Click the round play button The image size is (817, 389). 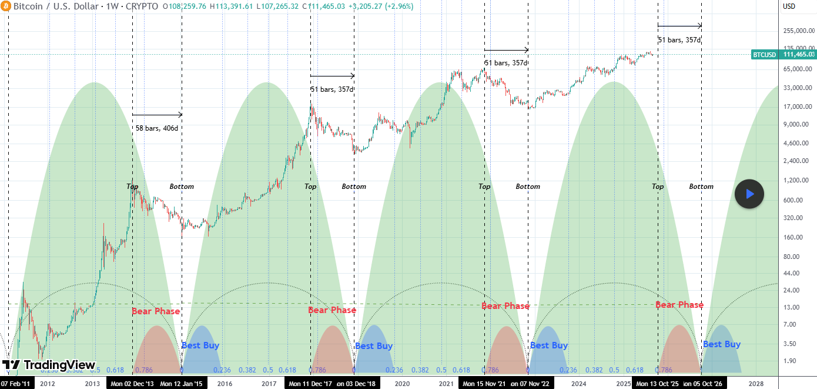tap(749, 194)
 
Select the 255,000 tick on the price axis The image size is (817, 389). tap(796, 31)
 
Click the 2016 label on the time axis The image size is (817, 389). tap(225, 384)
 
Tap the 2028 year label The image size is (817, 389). tap(755, 384)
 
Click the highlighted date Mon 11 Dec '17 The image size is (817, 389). tap(310, 384)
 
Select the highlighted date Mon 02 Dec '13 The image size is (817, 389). tap(132, 384)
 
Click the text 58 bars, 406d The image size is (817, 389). tap(156, 128)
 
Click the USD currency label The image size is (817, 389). tap(789, 6)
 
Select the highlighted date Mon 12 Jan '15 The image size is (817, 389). tap(181, 384)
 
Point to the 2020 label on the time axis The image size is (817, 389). tap(402, 384)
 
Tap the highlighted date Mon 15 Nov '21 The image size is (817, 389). tap(484, 384)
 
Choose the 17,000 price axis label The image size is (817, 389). tap(798, 107)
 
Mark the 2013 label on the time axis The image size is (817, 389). tap(92, 384)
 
